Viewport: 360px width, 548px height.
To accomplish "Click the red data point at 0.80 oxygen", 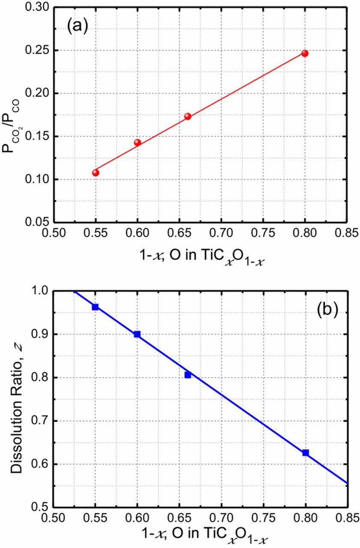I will click(305, 54).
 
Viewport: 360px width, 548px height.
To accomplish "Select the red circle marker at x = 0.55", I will click(95, 173).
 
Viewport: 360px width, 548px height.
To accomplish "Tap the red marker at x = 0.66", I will click(187, 116).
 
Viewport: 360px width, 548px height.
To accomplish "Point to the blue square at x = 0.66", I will click(187, 375).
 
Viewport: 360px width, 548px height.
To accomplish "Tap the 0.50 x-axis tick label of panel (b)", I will click(54, 519).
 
